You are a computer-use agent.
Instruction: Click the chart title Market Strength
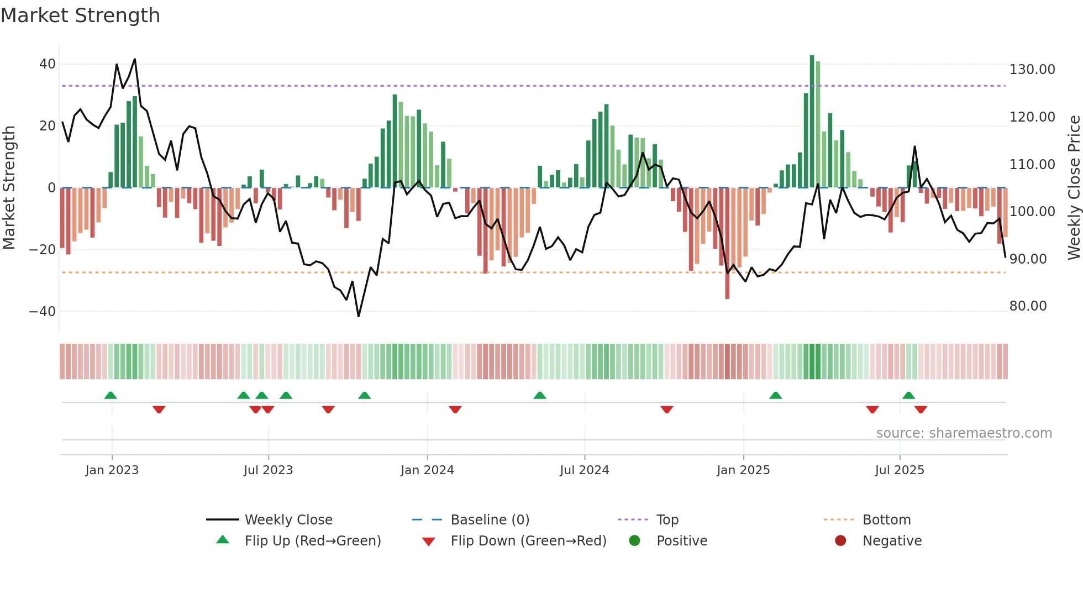pos(80,15)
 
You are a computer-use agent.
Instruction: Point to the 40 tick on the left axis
pos(48,64)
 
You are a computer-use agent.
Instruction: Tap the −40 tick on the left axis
pos(43,312)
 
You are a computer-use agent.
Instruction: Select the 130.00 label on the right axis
pos(1032,70)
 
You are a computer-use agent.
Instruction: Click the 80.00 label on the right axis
pos(1028,306)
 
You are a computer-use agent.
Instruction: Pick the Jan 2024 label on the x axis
pos(427,470)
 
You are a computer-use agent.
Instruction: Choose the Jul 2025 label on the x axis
pos(899,470)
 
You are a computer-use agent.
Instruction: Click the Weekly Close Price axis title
pos(1074,188)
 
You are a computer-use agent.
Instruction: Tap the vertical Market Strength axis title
pos(9,188)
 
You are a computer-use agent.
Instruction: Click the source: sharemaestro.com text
pos(964,433)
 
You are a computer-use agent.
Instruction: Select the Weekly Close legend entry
pos(288,520)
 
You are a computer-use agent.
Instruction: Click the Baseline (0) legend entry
pos(490,520)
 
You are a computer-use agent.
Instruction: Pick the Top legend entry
pos(667,520)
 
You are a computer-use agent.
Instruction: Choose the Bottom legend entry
pos(886,520)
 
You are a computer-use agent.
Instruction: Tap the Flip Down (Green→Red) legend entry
pos(528,541)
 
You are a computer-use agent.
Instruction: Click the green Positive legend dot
pos(634,541)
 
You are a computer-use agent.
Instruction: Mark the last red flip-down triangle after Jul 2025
pos(921,410)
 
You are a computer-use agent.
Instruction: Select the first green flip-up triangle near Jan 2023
pos(111,395)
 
